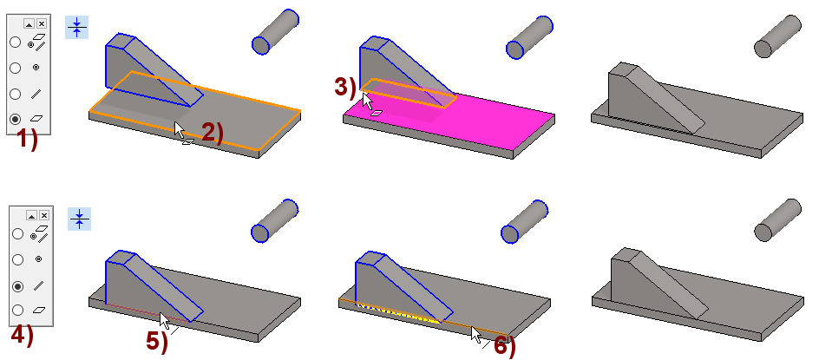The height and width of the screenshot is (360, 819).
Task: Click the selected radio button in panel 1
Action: click(16, 119)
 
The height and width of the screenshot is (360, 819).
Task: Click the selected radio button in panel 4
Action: click(17, 285)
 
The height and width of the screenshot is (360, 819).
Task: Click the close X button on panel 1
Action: click(42, 23)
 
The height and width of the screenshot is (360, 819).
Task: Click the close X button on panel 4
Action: click(44, 215)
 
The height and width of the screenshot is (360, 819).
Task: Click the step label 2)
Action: click(212, 133)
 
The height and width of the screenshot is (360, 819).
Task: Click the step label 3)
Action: click(344, 87)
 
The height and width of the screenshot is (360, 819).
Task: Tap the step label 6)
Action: click(505, 346)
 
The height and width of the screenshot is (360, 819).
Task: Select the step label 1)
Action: click(27, 140)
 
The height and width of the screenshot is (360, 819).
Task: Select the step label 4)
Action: click(23, 335)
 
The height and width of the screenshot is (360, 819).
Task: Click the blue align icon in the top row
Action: click(76, 27)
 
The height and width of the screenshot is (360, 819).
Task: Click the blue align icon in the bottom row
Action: click(80, 219)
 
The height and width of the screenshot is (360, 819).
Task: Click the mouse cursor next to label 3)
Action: click(367, 101)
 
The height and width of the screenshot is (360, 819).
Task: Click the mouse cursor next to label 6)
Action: click(475, 334)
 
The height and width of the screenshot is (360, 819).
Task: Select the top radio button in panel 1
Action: click(16, 42)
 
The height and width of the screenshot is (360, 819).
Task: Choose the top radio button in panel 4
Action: click(17, 233)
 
